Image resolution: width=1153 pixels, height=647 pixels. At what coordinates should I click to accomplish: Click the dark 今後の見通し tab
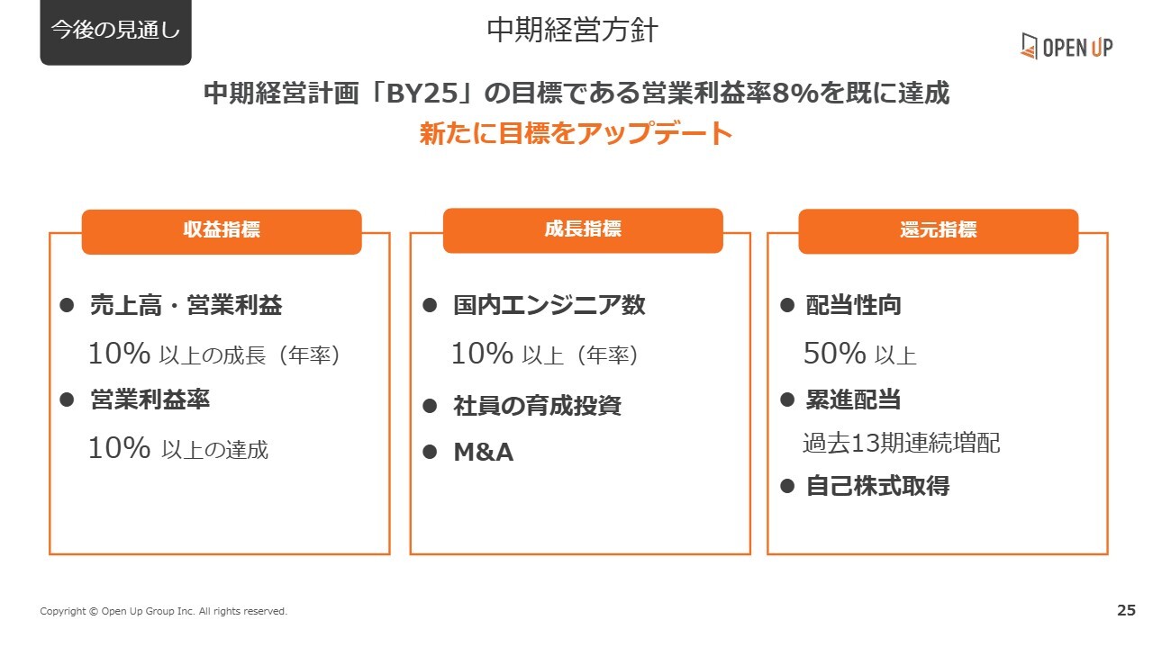116,31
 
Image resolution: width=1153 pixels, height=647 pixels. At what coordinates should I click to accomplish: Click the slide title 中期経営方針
572,30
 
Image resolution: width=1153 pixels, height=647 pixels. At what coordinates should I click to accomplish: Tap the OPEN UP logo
1067,46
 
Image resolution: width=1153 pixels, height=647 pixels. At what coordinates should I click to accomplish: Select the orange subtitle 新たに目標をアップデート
576,133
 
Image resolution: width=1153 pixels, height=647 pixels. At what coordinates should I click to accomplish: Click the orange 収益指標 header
222,231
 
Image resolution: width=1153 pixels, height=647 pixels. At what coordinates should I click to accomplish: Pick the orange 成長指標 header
583,230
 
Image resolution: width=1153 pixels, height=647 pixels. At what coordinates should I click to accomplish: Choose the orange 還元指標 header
939,231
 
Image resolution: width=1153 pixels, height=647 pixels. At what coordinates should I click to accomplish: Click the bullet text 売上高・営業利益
186,305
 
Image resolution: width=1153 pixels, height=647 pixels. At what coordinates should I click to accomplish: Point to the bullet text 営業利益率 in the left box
150,400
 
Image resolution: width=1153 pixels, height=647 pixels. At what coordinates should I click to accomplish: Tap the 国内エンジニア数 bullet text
549,305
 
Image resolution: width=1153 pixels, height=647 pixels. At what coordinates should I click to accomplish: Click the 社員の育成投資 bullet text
538,405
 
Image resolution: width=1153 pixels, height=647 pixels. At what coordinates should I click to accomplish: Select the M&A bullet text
484,452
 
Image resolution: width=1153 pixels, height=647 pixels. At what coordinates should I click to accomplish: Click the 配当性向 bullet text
853,305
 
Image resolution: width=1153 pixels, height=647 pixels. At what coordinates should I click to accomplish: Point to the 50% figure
834,354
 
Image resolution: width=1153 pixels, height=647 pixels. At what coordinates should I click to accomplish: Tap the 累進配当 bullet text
853,400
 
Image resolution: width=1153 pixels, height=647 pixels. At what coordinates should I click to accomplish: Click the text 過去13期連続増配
902,443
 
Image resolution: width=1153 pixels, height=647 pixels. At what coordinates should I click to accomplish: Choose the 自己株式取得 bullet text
877,486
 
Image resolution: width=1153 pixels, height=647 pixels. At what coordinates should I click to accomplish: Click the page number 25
1126,610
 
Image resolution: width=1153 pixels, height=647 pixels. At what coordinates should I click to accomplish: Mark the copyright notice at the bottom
164,611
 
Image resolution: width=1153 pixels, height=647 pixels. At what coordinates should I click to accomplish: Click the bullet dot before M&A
430,452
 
